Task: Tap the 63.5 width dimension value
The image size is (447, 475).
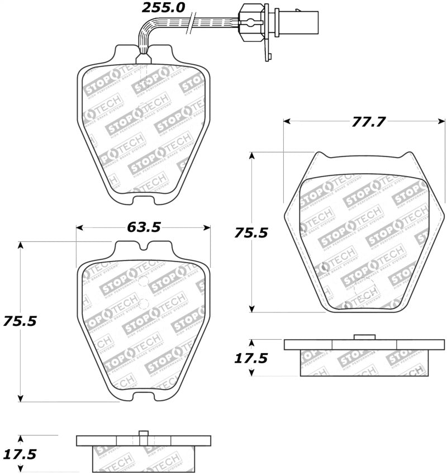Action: [144, 227]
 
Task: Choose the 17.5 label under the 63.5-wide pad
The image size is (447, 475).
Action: [21, 454]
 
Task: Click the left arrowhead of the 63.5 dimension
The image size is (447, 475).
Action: [79, 227]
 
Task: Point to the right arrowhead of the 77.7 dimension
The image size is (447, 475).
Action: [442, 121]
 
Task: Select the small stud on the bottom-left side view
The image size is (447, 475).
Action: [143, 433]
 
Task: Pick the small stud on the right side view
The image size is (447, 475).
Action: [364, 336]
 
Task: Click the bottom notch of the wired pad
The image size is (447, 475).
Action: [143, 196]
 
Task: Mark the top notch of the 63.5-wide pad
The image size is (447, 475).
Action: [144, 246]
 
